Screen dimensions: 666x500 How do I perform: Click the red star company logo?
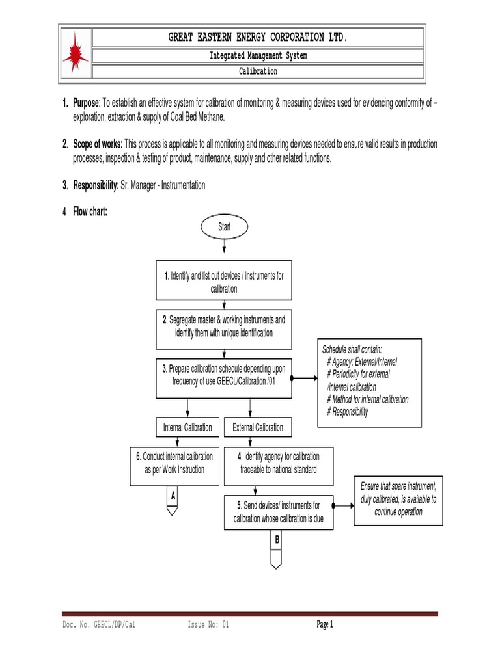click(76, 53)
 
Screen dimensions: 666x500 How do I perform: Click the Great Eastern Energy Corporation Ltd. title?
click(258, 38)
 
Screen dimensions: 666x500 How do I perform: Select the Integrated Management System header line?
click(258, 56)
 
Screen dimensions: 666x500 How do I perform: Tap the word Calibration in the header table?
click(258, 72)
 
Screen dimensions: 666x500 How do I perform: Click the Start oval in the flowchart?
click(224, 228)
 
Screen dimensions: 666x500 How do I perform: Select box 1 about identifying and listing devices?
click(224, 282)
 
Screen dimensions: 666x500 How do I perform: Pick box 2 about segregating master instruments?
click(224, 326)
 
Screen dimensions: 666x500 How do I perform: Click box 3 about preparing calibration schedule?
click(224, 375)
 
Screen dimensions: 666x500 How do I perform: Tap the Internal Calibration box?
click(187, 427)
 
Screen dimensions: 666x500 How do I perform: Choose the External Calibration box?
click(258, 427)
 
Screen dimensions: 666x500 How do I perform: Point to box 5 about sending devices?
click(278, 512)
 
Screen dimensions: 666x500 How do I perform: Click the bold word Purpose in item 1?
click(85, 104)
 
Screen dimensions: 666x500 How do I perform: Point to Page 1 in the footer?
click(325, 625)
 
